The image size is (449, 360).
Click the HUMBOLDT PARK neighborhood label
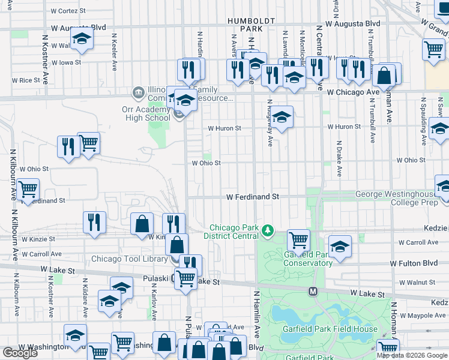pyautogui.click(x=251, y=24)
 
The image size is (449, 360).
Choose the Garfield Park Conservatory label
pyautogui.click(x=308, y=259)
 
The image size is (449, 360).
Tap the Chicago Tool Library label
pyautogui.click(x=128, y=259)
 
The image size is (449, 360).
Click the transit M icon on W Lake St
pyautogui.click(x=313, y=291)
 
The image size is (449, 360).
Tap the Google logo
pyautogui.click(x=20, y=353)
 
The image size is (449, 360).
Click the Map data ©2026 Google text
pyautogui.click(x=412, y=355)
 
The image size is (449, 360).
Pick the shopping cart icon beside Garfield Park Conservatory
pyautogui.click(x=298, y=239)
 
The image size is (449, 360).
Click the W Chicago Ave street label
pyautogui.click(x=354, y=92)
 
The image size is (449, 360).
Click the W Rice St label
pyautogui.click(x=25, y=80)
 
